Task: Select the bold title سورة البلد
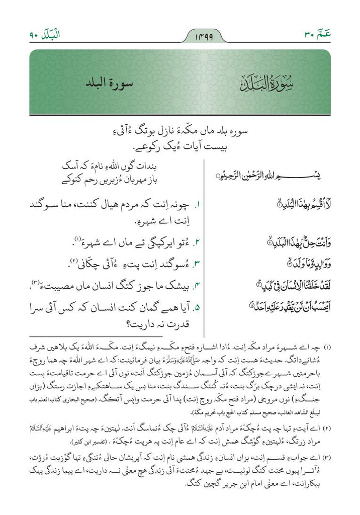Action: (106, 83)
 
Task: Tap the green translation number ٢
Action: (198, 243)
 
